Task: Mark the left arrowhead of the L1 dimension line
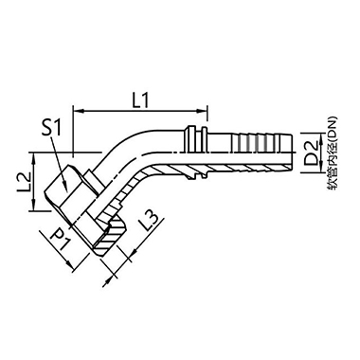point(78,111)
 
